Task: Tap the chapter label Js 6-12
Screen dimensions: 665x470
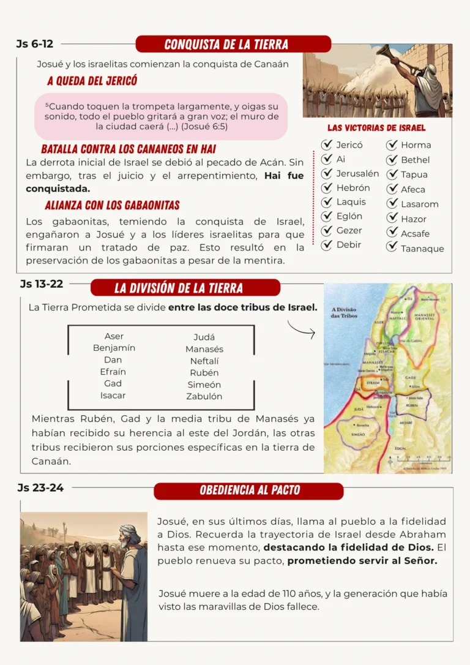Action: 35,43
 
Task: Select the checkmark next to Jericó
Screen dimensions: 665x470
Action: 327,145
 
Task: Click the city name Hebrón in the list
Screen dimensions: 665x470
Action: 353,188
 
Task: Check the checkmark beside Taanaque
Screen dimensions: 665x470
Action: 392,246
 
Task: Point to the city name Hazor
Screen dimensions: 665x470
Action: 414,219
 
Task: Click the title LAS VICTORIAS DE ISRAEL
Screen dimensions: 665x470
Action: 376,128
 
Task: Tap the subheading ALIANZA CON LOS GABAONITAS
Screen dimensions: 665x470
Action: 112,205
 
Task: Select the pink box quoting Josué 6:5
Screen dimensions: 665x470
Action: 161,116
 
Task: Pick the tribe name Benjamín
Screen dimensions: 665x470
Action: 114,348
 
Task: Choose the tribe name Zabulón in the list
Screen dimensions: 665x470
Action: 204,396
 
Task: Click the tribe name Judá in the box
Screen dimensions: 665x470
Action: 204,337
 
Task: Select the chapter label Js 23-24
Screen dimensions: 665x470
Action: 40,488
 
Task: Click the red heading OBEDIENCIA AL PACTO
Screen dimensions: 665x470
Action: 248,490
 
